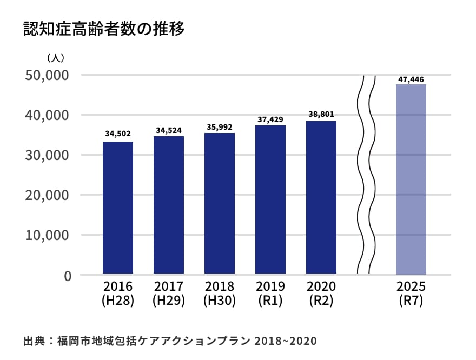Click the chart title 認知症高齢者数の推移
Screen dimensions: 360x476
(104, 29)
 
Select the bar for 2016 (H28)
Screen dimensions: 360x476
(118, 208)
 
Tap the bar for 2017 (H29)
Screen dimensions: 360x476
(169, 205)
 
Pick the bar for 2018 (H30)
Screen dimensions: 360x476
(220, 203)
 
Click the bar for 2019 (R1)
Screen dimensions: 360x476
(270, 199)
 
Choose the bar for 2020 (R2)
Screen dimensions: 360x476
(321, 197)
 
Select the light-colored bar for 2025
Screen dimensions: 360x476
(411, 179)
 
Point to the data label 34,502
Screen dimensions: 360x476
(118, 134)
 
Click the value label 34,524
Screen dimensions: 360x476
(169, 130)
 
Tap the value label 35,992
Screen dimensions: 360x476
(220, 127)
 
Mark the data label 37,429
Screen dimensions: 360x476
(270, 119)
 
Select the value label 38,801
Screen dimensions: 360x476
(321, 115)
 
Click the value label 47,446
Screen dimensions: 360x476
(411, 79)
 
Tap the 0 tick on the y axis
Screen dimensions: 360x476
(68, 275)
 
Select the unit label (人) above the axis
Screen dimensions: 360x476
(56, 57)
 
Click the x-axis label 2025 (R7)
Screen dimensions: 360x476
(411, 293)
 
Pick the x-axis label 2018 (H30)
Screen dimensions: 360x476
(220, 293)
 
